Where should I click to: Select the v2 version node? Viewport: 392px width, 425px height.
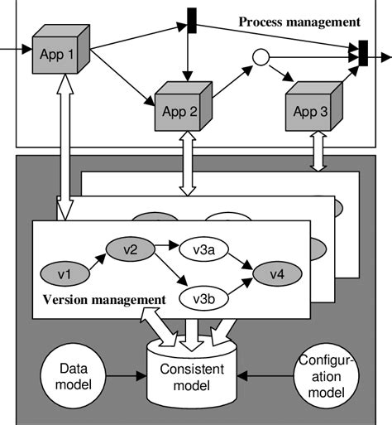tap(129, 248)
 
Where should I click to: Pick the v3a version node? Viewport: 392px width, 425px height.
tap(198, 248)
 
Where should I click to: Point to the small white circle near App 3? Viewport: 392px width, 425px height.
tap(260, 57)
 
